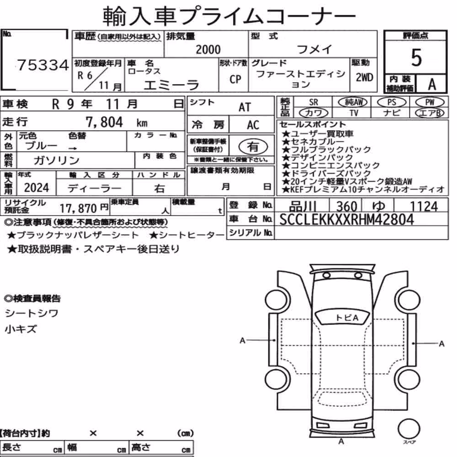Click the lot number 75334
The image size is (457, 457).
[x=43, y=65]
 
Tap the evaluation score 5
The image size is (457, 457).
[x=416, y=58]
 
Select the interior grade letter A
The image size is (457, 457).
[x=432, y=84]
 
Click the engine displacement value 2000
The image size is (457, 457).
[x=208, y=49]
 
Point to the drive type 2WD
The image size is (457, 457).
[x=364, y=78]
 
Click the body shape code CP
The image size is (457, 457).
[x=235, y=79]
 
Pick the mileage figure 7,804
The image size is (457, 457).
[x=104, y=122]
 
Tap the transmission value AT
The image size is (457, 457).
[x=244, y=107]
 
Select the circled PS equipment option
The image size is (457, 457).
[x=392, y=102]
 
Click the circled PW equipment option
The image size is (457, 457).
[x=430, y=102]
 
